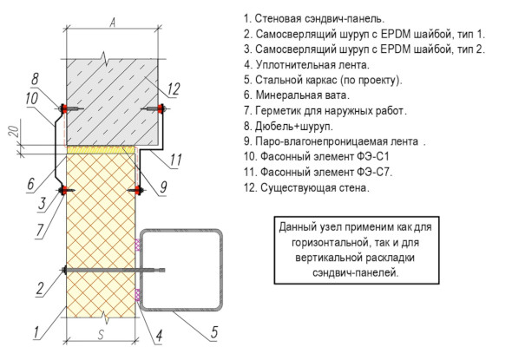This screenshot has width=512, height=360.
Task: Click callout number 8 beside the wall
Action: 35,79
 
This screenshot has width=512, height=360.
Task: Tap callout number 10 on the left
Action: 32,98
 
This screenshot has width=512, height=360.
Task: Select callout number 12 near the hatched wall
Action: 173,88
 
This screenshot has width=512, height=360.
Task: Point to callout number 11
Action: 175,160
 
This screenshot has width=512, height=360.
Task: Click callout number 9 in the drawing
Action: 163,187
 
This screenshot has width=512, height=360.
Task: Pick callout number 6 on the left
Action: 30,183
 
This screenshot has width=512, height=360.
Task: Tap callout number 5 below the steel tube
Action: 213,332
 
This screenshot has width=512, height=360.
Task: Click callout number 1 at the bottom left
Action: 36,332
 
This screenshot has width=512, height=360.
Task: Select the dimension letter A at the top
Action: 113,23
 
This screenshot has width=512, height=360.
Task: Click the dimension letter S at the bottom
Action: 101,335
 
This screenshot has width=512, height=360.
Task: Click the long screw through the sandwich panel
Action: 113,271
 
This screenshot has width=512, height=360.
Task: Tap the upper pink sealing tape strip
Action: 138,245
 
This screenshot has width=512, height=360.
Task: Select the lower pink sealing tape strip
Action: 138,295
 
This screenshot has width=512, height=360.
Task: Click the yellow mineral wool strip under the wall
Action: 101,150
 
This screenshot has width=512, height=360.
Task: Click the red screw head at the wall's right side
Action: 161,108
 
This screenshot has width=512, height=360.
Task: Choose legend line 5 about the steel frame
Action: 323,80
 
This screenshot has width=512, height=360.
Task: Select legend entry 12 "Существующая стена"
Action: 306,188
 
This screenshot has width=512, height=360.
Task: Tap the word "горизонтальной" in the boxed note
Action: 326,243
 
